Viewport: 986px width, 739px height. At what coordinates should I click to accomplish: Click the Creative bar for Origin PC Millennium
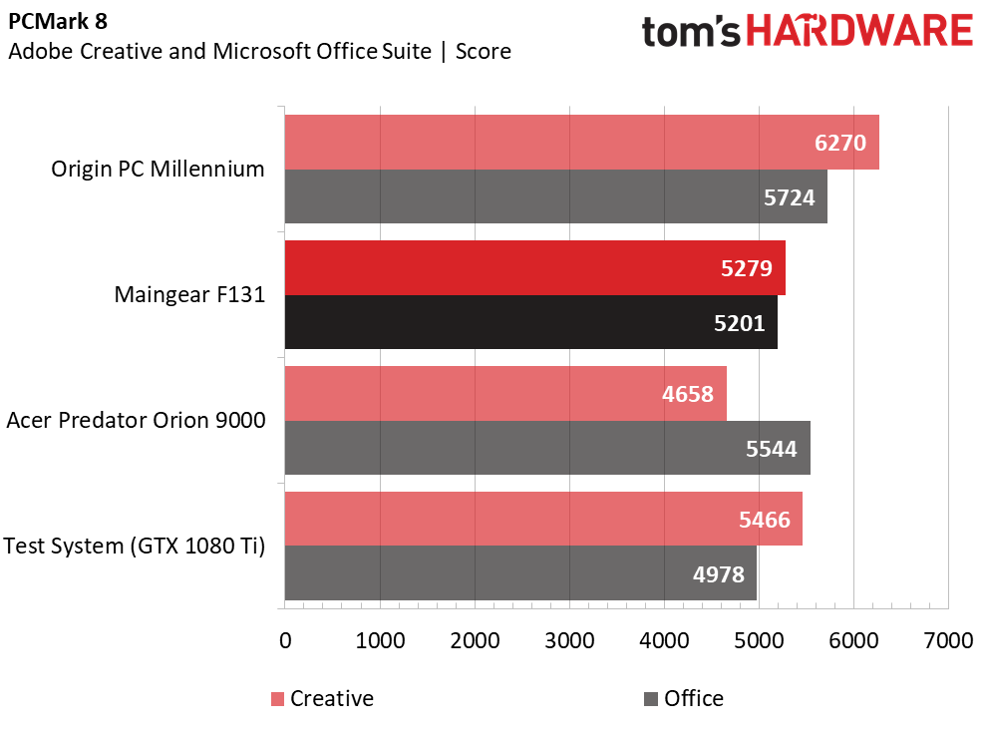[x=581, y=143]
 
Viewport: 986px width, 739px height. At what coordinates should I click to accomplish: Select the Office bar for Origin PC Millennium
[x=555, y=196]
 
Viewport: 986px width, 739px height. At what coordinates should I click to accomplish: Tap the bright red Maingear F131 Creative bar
[x=534, y=268]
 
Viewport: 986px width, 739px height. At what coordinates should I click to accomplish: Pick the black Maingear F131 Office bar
[x=530, y=322]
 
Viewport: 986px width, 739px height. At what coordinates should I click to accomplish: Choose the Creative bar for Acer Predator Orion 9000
[x=505, y=393]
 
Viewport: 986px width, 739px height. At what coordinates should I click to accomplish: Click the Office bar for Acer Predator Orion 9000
[x=547, y=448]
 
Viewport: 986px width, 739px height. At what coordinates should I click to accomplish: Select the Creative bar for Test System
[x=543, y=519]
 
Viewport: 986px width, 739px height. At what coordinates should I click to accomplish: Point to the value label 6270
[x=840, y=143]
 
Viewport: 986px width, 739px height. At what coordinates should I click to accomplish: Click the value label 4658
[x=688, y=394]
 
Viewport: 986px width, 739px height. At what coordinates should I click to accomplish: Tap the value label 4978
[x=719, y=573]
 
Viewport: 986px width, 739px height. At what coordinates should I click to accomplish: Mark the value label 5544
[x=772, y=449]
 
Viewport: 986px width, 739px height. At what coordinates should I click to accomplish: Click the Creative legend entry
[x=321, y=699]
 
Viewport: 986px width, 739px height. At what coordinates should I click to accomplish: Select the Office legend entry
[x=684, y=699]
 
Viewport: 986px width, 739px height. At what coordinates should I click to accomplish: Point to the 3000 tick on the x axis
[x=569, y=640]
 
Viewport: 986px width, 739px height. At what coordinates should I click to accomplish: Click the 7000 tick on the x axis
[x=948, y=640]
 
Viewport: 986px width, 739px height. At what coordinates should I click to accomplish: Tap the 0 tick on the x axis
[x=285, y=640]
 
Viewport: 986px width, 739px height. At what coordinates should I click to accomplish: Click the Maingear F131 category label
[x=189, y=295]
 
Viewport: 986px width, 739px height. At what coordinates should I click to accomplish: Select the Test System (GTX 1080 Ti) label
[x=135, y=547]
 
